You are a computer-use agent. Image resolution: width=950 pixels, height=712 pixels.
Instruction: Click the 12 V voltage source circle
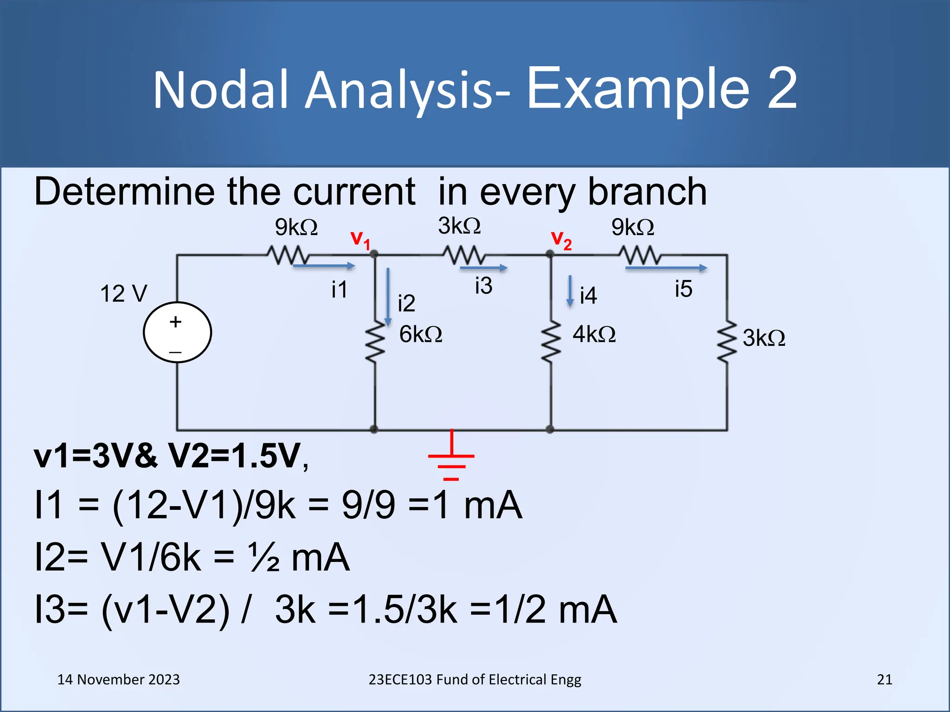177,332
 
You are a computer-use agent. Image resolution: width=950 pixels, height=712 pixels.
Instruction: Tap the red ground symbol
451,458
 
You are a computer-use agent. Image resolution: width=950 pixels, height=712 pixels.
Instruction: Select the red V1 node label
360,240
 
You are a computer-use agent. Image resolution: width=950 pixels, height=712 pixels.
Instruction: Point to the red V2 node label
561,240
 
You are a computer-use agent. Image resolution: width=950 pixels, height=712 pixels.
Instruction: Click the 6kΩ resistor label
420,334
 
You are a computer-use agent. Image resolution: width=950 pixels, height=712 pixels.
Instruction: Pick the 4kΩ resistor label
594,334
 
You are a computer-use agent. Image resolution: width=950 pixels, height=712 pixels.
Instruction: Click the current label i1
339,290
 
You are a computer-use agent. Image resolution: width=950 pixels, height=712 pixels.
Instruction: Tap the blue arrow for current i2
388,297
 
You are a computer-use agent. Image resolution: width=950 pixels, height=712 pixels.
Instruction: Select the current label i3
483,286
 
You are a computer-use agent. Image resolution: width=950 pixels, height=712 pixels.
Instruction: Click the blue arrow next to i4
570,292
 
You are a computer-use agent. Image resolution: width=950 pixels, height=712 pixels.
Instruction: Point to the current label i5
683,289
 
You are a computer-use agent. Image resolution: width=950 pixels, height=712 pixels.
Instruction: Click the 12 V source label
123,294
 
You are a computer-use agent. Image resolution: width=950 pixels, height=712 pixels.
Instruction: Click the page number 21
884,680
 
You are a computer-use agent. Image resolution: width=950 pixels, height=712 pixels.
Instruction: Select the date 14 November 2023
118,680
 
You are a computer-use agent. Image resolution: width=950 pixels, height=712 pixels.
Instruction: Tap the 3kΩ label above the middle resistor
459,226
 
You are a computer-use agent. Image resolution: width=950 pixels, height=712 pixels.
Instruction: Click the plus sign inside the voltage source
175,322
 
